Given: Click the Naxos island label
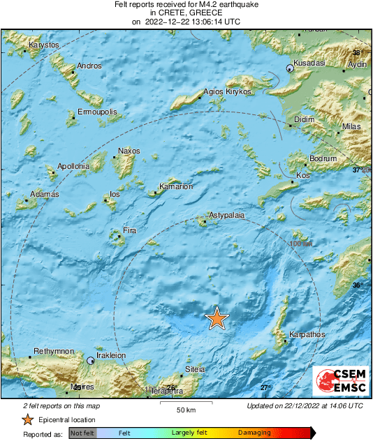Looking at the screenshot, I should [x=129, y=151].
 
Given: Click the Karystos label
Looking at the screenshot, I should [x=43, y=45].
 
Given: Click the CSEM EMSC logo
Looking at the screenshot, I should [x=340, y=383].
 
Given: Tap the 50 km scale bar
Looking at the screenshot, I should [x=184, y=403].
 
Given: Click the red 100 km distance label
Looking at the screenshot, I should [x=301, y=244].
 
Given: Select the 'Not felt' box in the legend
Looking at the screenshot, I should [x=82, y=433].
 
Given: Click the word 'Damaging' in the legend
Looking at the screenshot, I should [x=254, y=433].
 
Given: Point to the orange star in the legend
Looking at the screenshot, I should [x=27, y=419].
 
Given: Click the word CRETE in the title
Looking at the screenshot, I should [x=170, y=13].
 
